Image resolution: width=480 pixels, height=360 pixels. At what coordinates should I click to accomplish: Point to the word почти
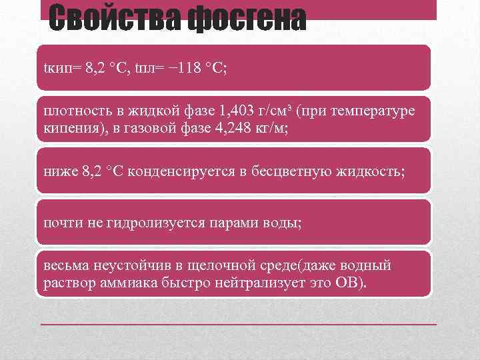pyautogui.click(x=58, y=221)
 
